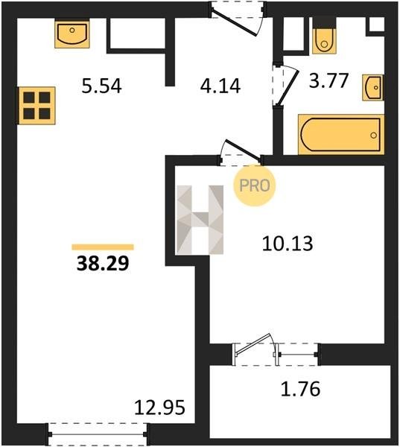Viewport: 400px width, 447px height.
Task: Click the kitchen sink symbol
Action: tap(72, 34)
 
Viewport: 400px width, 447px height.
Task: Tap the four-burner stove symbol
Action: tap(36, 106)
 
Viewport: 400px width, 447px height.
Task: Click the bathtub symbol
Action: tap(341, 135)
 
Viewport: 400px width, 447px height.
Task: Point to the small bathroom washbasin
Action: tap(373, 87)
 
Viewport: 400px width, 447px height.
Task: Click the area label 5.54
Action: tap(101, 86)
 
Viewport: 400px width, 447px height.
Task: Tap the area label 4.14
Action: tap(220, 86)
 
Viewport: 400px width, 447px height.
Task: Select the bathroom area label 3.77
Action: tap(328, 80)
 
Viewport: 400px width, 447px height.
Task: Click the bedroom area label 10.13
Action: tap(288, 244)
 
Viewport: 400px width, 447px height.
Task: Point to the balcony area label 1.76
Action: tap(300, 389)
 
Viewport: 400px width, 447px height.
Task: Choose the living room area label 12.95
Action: tap(159, 408)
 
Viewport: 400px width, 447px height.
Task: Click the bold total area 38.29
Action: tap(103, 264)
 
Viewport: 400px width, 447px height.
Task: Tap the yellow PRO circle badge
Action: tap(255, 186)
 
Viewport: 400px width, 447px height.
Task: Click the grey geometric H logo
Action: tap(200, 220)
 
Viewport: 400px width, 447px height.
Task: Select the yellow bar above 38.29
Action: tap(103, 247)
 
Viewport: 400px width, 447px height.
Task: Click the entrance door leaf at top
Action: tap(235, 22)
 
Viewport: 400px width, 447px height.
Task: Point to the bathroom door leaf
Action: tap(288, 88)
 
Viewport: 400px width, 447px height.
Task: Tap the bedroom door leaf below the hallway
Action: tap(243, 150)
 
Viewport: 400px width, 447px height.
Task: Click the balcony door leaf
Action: tap(253, 345)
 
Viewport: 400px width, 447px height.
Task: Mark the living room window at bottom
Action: tap(98, 434)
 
